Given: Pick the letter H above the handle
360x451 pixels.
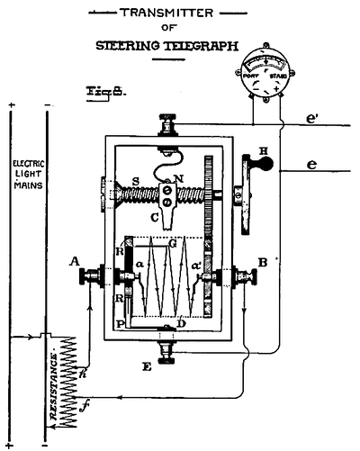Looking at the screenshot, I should [x=264, y=150].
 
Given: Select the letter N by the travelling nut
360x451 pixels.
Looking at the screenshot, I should [x=182, y=178].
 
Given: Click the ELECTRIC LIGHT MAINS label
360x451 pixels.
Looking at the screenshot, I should [x=22, y=176].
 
